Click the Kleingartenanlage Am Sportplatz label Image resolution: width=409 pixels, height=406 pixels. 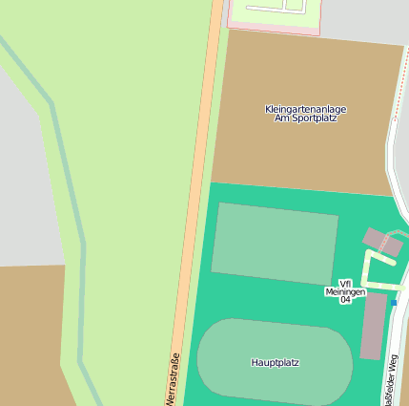[x=305, y=114]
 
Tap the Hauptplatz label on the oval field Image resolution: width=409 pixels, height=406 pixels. [x=275, y=363]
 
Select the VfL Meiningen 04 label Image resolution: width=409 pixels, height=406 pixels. [x=345, y=291]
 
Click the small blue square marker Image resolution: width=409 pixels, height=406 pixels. [x=394, y=303]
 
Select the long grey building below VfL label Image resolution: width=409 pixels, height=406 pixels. [x=373, y=326]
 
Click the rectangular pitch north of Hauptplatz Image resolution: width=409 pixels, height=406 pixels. [x=275, y=244]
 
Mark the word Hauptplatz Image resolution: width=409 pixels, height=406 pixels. [x=275, y=363]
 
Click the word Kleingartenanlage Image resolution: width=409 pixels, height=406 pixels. [x=305, y=109]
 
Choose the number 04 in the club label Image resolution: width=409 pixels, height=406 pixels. [x=345, y=300]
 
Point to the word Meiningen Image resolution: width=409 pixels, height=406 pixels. [x=345, y=291]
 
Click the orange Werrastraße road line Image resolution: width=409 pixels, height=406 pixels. [x=195, y=191]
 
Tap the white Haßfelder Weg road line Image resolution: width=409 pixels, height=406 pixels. [x=392, y=191]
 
